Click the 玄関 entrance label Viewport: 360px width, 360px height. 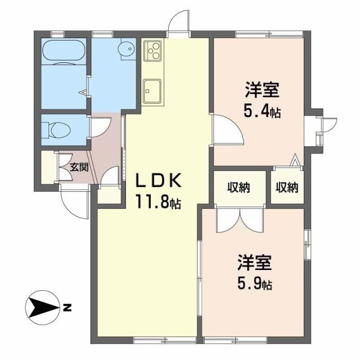[x=79, y=167]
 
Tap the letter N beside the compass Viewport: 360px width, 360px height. [x=67, y=307]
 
